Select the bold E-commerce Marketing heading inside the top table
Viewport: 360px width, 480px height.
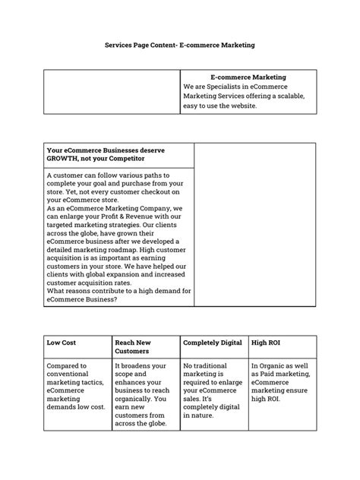(x=248, y=77)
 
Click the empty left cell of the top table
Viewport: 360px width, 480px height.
(x=112, y=92)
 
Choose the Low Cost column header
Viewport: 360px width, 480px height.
(x=63, y=343)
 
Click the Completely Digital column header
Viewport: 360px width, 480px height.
(x=212, y=343)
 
